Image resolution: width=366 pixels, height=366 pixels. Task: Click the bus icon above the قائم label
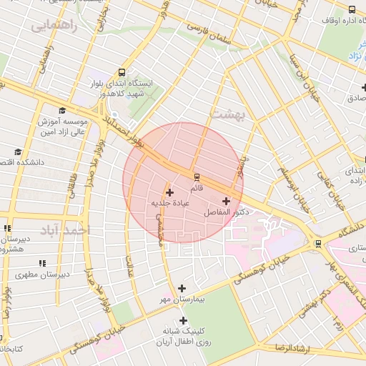[196, 177]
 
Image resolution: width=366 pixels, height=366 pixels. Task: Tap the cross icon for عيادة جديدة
[169, 192]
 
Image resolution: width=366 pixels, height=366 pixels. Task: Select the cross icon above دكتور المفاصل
[227, 202]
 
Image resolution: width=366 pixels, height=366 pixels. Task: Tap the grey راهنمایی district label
[51, 26]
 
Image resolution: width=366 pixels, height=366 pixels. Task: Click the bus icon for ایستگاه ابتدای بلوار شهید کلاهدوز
[122, 72]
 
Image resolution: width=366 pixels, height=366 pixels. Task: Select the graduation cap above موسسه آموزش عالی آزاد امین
[62, 112]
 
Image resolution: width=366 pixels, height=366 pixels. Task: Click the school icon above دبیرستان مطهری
[41, 263]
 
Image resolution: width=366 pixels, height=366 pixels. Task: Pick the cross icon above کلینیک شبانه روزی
[184, 321]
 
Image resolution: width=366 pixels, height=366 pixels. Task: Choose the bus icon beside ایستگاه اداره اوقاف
[352, 9]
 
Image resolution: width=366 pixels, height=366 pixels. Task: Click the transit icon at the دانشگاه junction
[318, 243]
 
